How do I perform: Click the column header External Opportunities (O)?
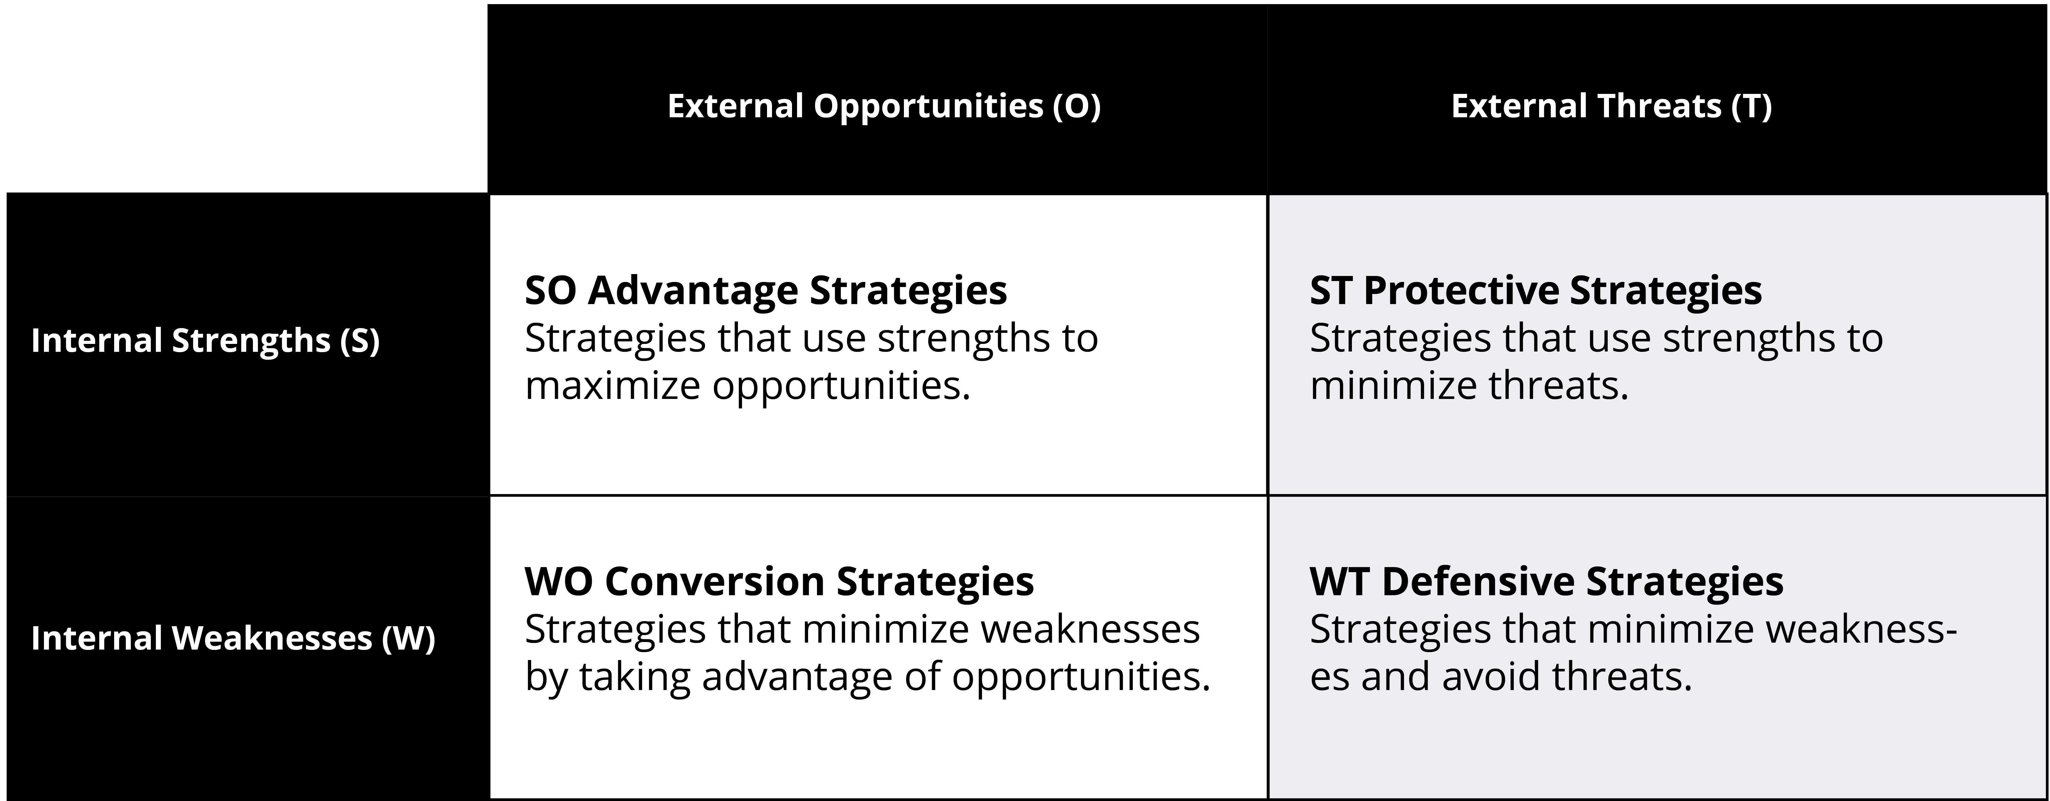click(883, 106)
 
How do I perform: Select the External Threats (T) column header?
click(1611, 106)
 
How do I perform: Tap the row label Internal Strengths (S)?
click(205, 340)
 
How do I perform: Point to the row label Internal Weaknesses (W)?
click(233, 638)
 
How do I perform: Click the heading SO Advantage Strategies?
click(765, 290)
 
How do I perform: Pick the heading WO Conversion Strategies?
click(779, 581)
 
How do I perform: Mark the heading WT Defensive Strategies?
click(1546, 581)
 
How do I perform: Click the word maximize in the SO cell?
click(611, 386)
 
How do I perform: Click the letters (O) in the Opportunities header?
click(1077, 106)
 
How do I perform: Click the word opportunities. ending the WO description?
click(1081, 677)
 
